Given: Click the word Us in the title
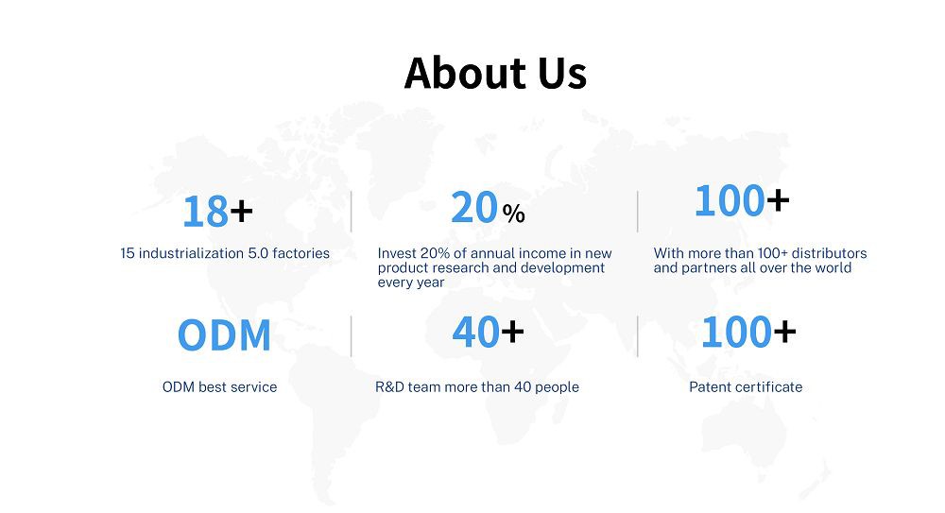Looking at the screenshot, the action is (x=562, y=74).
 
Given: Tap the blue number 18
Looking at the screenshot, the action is (x=205, y=212).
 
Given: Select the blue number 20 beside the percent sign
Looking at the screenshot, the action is (x=474, y=208).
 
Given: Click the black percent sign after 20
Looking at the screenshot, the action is (x=513, y=214).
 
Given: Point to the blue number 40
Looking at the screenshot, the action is (x=476, y=333).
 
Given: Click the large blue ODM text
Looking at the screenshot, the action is (x=224, y=335).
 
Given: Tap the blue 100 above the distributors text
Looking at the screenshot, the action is (x=730, y=200).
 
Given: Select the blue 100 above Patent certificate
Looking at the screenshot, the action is (x=736, y=333).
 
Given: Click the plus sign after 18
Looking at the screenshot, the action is (x=241, y=211).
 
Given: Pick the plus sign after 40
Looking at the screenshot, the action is (x=512, y=332).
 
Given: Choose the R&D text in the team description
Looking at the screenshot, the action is (x=389, y=387).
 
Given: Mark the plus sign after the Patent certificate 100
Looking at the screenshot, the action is (x=784, y=332).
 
